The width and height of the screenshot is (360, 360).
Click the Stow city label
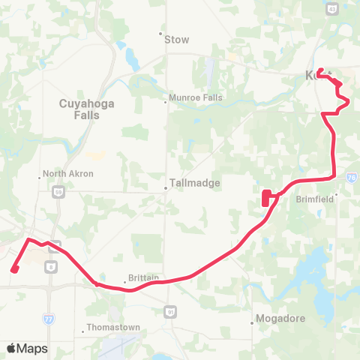point(177,40)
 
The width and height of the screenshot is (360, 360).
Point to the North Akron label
point(66,174)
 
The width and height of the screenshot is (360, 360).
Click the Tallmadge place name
point(188,187)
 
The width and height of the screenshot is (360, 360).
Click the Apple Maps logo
point(27,348)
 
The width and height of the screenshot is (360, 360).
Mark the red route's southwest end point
point(14,270)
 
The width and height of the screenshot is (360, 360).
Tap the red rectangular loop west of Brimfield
point(266,198)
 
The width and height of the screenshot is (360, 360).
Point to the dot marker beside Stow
point(160,33)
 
